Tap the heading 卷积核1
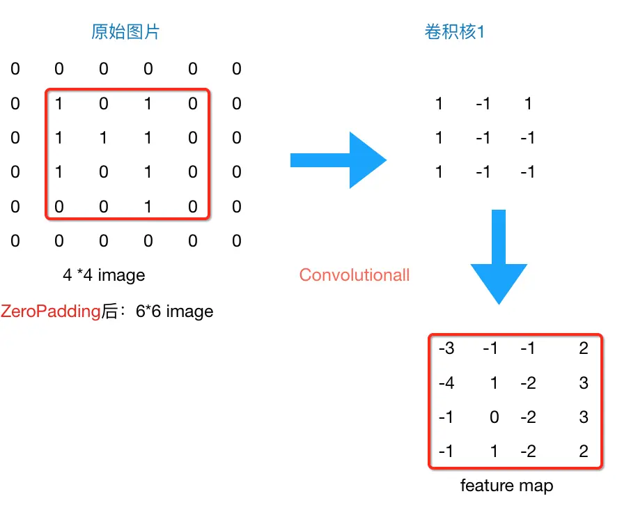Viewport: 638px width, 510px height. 454,32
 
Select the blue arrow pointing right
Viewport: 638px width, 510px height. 338,160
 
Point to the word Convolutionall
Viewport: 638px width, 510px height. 355,275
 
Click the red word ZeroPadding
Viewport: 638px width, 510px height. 51,311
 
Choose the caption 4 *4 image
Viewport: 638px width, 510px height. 104,275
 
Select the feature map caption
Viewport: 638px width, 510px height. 506,485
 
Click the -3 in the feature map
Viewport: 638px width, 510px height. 446,348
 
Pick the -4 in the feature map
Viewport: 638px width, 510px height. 446,383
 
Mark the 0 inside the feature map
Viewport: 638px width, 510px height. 494,417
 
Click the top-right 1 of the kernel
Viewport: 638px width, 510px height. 528,104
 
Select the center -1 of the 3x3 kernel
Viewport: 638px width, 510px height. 483,138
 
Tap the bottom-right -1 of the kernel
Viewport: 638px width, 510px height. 528,171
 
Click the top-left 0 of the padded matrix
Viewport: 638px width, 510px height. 15,69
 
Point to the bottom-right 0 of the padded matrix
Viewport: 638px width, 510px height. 237,241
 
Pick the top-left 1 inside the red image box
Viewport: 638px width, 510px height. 59,104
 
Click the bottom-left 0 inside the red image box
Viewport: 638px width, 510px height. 59,207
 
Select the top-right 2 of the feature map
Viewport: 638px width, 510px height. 584,348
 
